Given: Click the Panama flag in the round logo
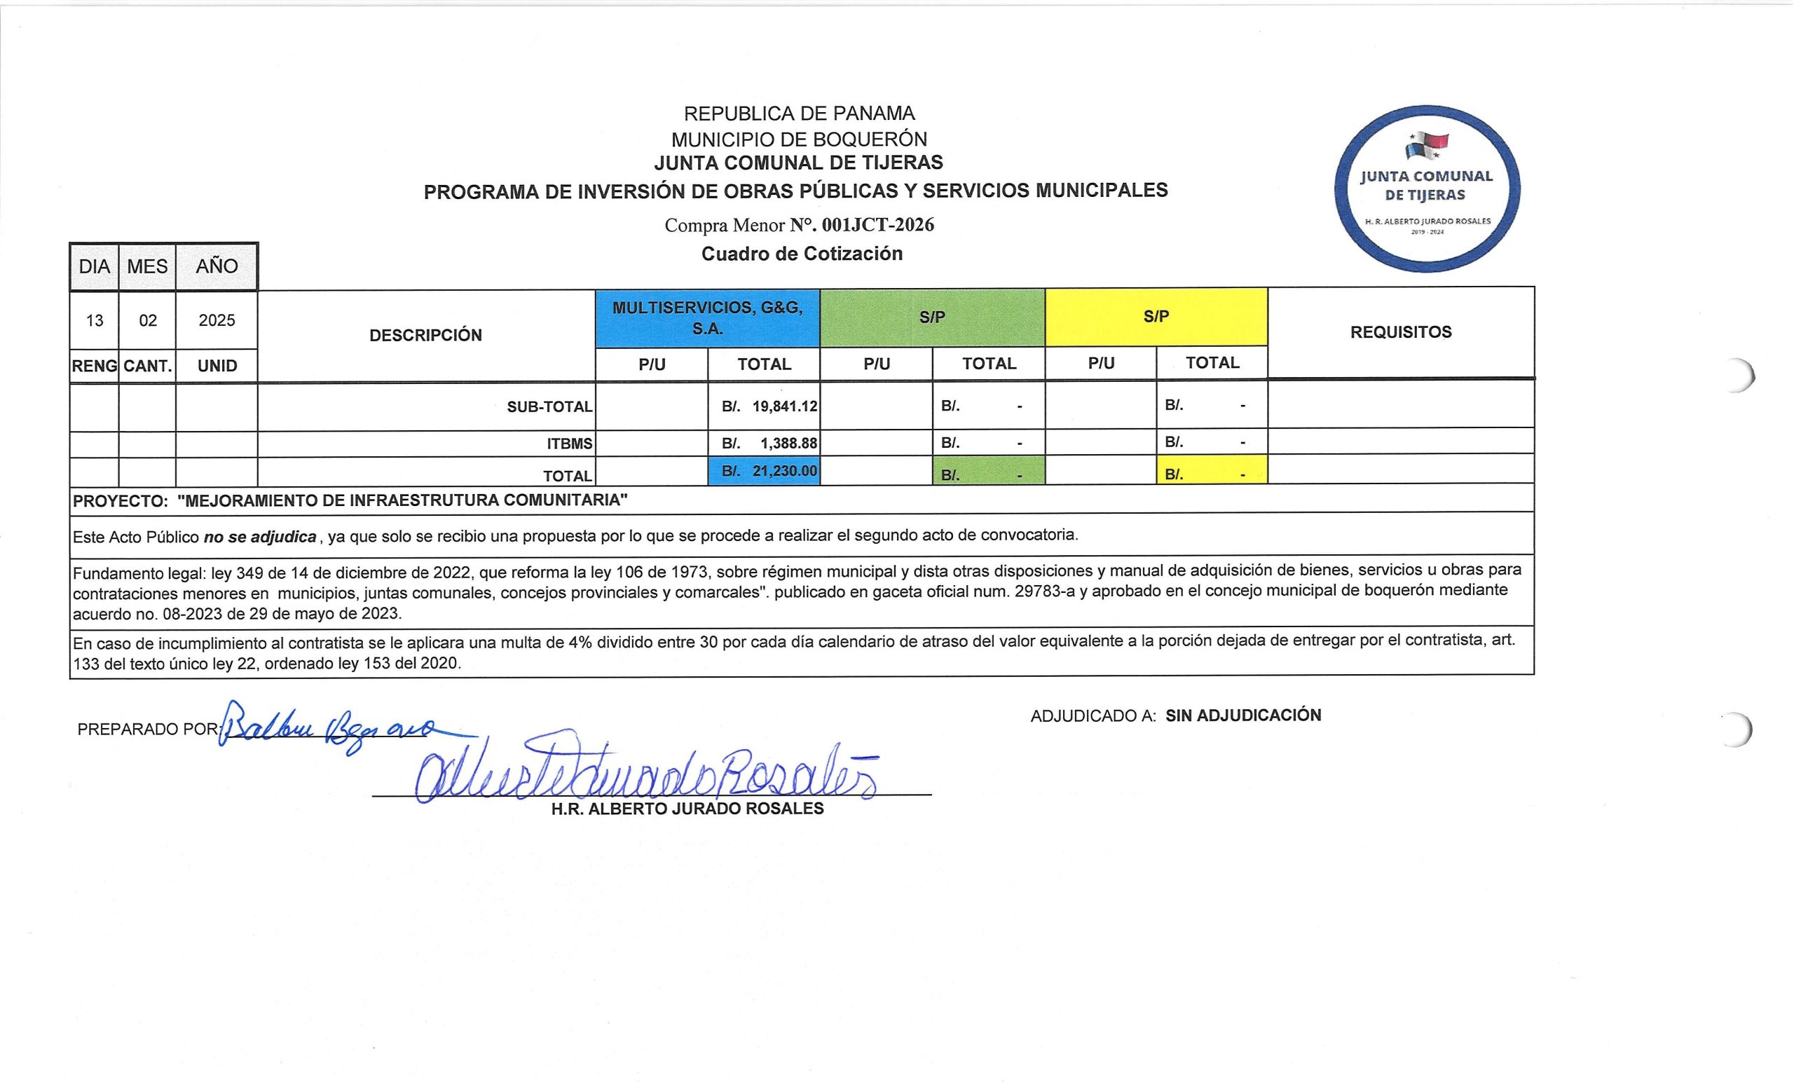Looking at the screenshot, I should coord(1426,145).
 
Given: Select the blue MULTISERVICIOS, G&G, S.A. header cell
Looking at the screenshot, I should coord(707,318).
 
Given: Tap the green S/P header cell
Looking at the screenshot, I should coord(932,317).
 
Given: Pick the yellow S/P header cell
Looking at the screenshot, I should coord(1156,317).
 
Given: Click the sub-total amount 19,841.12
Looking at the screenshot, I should coord(784,406).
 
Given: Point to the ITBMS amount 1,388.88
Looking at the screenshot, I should coord(788,443).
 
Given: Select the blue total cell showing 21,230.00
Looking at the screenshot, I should coord(764,471).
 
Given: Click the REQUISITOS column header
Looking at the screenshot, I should coord(1400,332).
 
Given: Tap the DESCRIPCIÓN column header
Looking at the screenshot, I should coord(425,336).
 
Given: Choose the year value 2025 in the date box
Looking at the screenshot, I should coord(217,320).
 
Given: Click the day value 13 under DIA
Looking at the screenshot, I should coord(95,321).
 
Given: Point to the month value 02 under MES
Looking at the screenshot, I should coord(148,321).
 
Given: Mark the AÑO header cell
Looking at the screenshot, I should coord(217,266).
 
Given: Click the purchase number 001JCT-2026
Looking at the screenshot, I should coord(877,225).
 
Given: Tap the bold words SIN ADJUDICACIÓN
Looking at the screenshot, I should coord(1243,715).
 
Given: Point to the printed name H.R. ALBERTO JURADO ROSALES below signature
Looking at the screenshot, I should coord(687,809).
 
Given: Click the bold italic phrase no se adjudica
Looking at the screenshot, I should coord(259,537).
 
